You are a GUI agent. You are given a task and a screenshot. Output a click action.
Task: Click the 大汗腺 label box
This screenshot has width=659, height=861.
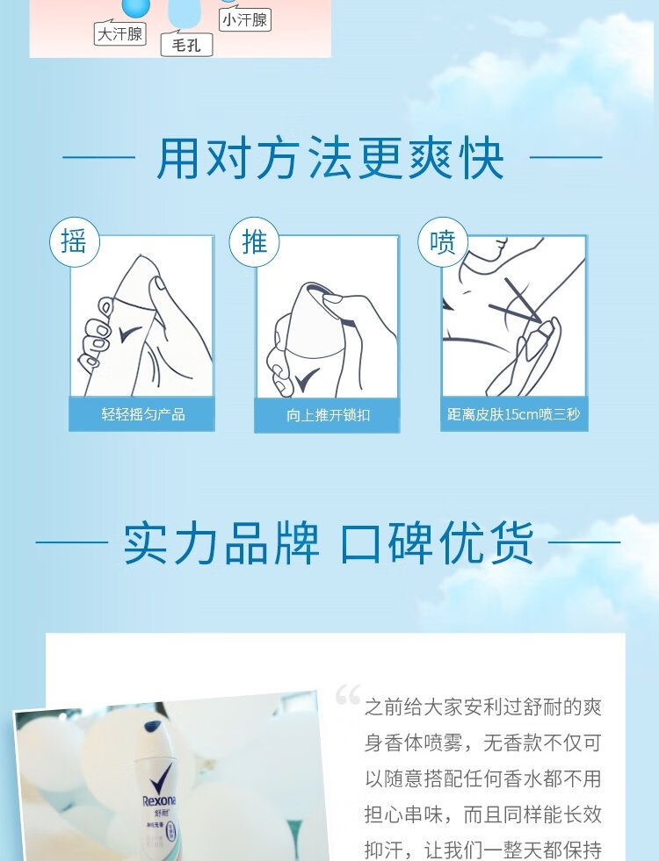(x=119, y=33)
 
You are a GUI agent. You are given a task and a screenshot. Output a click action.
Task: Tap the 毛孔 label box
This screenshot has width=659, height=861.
(x=186, y=44)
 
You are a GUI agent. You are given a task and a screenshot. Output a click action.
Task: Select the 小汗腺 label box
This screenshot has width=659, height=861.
(x=244, y=20)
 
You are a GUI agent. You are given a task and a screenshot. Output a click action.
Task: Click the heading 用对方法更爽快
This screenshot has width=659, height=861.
(x=329, y=158)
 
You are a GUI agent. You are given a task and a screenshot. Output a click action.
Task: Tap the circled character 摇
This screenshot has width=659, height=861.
(x=74, y=242)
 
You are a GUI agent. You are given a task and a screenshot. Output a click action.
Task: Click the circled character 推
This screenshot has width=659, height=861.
(x=254, y=242)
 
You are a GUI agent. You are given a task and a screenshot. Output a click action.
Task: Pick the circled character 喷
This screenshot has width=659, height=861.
(x=443, y=242)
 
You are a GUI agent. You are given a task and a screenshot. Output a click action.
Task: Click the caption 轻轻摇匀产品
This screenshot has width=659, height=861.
(x=143, y=414)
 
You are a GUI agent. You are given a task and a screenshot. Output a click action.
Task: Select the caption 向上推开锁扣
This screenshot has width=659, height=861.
(x=328, y=414)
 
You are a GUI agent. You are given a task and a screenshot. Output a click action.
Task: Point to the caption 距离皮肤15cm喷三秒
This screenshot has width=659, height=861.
(x=513, y=414)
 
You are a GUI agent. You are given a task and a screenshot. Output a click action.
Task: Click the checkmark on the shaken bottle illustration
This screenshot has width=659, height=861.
(x=131, y=333)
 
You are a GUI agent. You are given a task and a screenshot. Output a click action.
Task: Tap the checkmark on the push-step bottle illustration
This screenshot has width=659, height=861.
(x=308, y=378)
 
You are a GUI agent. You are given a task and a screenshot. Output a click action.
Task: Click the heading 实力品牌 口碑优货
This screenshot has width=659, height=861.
(x=328, y=542)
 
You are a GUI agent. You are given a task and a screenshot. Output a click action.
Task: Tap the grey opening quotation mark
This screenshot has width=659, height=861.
(x=349, y=694)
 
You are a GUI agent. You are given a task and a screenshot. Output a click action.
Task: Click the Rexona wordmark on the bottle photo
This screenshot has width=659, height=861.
(x=159, y=800)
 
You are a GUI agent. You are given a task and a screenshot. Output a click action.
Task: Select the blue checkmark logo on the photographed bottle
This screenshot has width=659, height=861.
(x=161, y=775)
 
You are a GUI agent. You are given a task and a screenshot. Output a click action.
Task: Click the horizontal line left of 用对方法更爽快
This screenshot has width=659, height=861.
(x=99, y=158)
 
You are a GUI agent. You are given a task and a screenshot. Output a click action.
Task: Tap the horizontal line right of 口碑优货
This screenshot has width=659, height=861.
(x=584, y=542)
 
